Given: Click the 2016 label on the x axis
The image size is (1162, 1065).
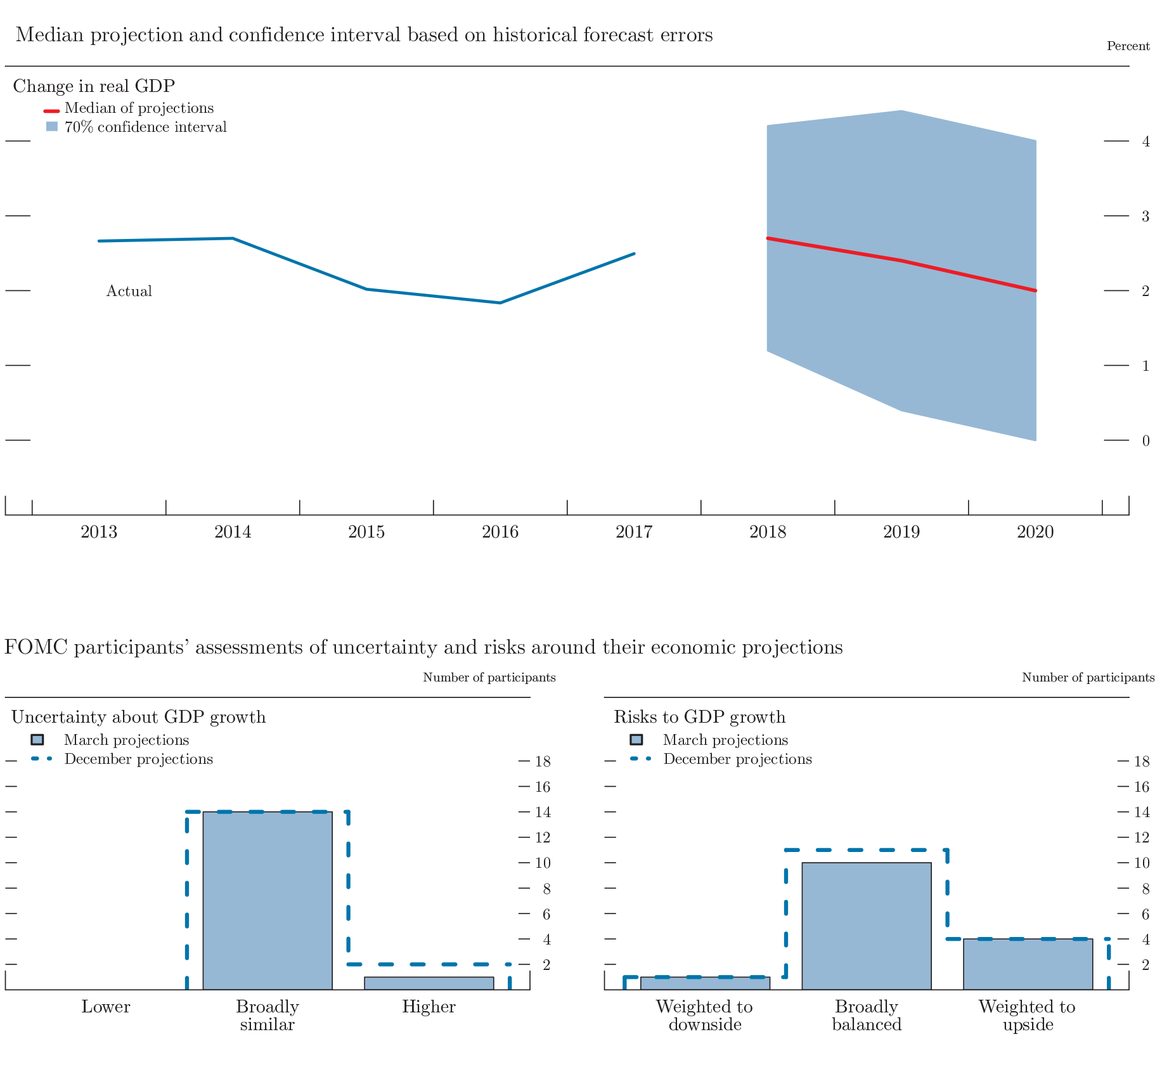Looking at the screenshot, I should pyautogui.click(x=500, y=532).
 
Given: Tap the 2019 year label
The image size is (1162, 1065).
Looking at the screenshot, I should pyautogui.click(x=901, y=532).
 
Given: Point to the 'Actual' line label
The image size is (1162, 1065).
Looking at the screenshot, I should pyautogui.click(x=129, y=291).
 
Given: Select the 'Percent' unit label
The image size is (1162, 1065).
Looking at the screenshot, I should pyautogui.click(x=1128, y=46).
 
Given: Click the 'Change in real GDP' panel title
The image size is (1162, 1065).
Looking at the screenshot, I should pyautogui.click(x=94, y=86).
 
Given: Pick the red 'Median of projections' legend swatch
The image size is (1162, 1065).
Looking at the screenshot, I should pyautogui.click(x=51, y=109).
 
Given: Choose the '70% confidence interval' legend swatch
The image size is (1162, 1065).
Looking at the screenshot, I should pyautogui.click(x=51, y=127).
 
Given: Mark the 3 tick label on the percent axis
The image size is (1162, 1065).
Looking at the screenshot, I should pyautogui.click(x=1146, y=216).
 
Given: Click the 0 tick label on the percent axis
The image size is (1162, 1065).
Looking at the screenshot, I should pyautogui.click(x=1146, y=441).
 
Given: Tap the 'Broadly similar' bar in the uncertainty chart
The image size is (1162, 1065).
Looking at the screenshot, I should pyautogui.click(x=267, y=900).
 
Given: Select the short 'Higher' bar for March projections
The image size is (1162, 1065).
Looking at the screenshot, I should pyautogui.click(x=429, y=983).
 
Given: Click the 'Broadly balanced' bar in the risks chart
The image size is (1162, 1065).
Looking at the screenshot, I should pyautogui.click(x=866, y=926).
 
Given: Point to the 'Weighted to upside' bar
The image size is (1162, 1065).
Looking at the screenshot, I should pyautogui.click(x=1028, y=964).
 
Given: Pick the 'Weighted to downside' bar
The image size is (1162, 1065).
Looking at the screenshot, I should pyautogui.click(x=705, y=983).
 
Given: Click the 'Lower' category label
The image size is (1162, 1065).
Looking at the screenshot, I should pyautogui.click(x=106, y=1007).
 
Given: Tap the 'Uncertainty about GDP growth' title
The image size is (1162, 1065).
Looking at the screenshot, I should pyautogui.click(x=138, y=717).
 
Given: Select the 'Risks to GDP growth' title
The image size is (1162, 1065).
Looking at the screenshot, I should pyautogui.click(x=699, y=717).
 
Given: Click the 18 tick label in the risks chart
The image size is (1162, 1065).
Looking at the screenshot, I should pyautogui.click(x=1142, y=761).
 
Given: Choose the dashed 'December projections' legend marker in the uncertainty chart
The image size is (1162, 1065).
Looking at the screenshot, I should pyautogui.click(x=41, y=759).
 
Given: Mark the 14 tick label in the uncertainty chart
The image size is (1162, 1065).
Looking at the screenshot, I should pyautogui.click(x=543, y=812).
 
